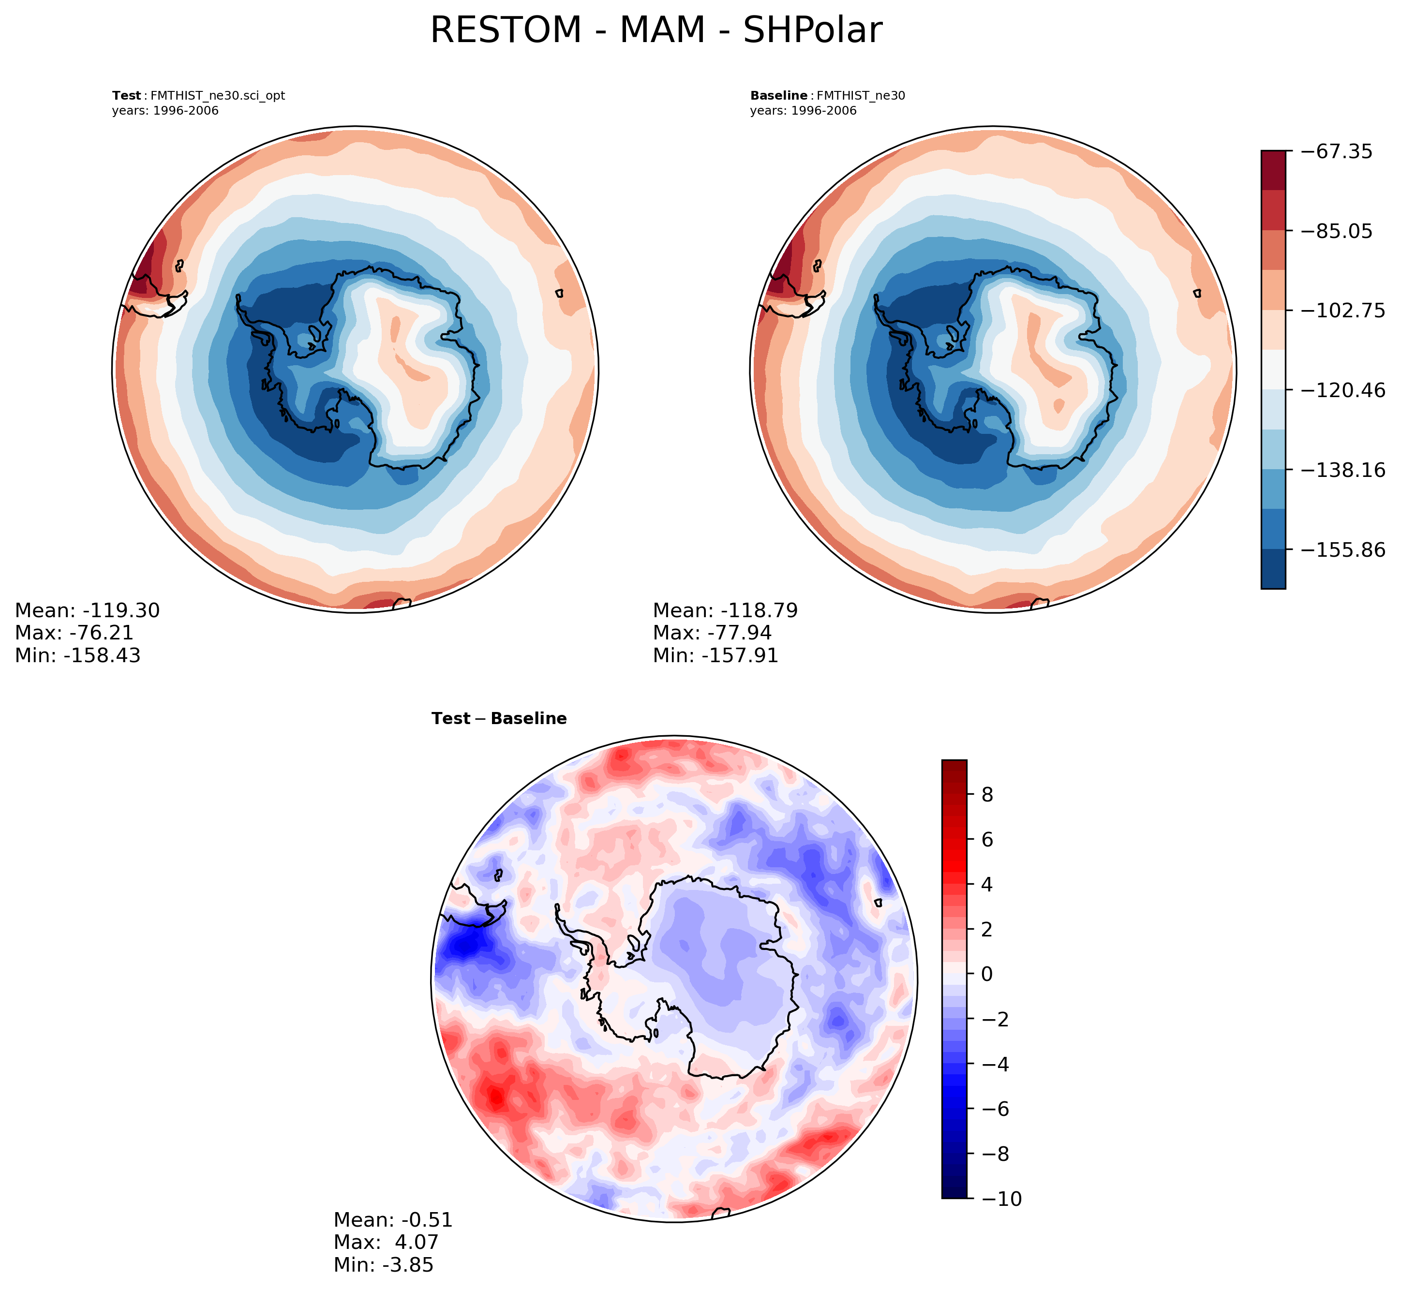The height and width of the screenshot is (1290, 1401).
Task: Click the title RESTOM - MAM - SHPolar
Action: coord(656,31)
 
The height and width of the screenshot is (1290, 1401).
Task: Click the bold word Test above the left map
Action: coord(126,96)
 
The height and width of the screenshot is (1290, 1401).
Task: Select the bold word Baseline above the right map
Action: coord(778,96)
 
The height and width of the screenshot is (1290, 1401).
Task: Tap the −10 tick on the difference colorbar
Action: coord(1001,1199)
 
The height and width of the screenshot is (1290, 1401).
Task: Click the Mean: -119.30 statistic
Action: coord(87,611)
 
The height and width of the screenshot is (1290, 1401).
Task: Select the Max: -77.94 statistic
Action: coord(712,633)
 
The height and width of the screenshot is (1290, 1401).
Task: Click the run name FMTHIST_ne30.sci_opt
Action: coord(218,96)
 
